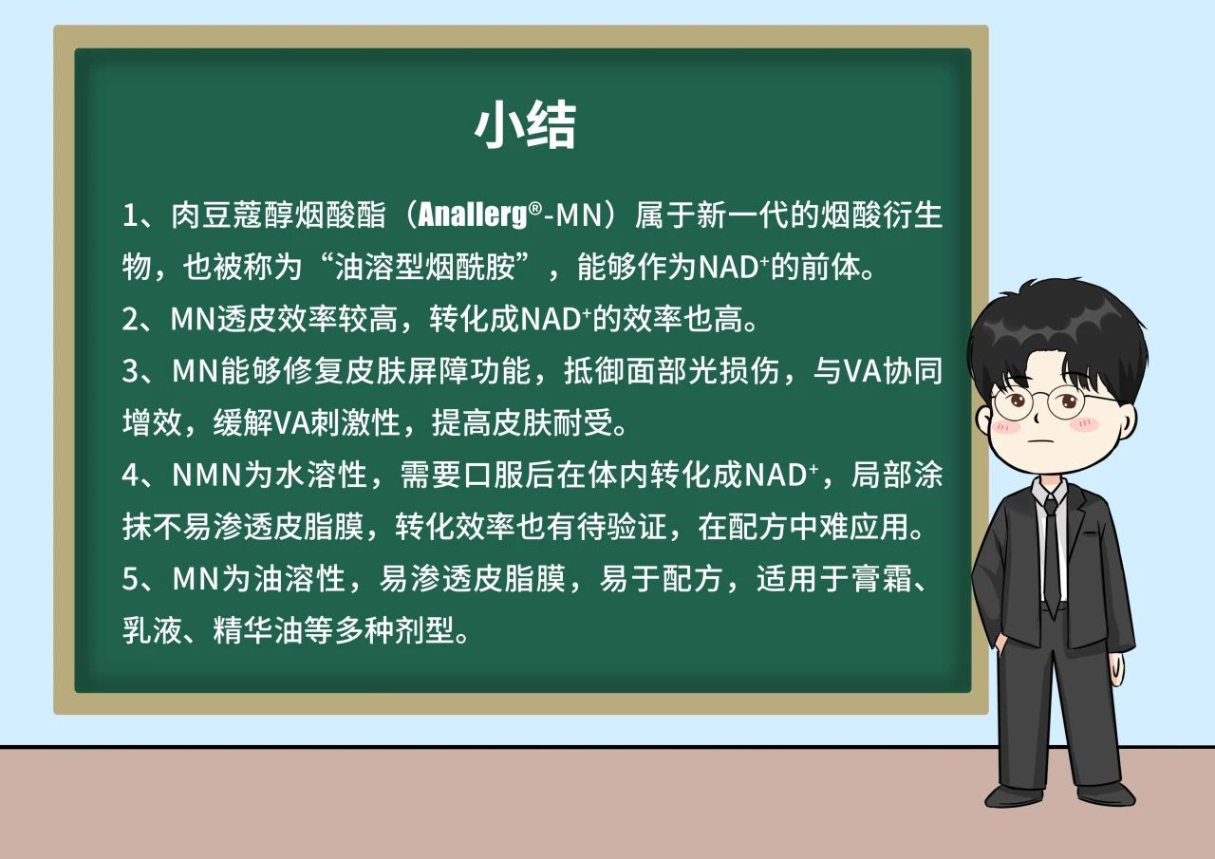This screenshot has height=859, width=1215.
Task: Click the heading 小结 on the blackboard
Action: [x=525, y=124]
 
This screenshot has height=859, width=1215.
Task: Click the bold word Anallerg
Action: [x=473, y=215]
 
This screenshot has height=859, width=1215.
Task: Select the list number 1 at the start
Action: [x=130, y=215]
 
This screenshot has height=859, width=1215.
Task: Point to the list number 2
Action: [x=130, y=319]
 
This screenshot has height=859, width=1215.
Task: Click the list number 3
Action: [x=130, y=371]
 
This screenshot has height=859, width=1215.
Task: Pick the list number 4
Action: [x=131, y=475]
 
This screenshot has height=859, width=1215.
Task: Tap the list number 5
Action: [x=130, y=578]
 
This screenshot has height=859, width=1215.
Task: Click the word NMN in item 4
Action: [x=207, y=475]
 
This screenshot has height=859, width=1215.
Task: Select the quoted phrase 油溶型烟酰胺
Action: [x=424, y=267]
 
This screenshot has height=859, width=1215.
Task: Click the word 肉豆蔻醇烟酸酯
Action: [x=278, y=215]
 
